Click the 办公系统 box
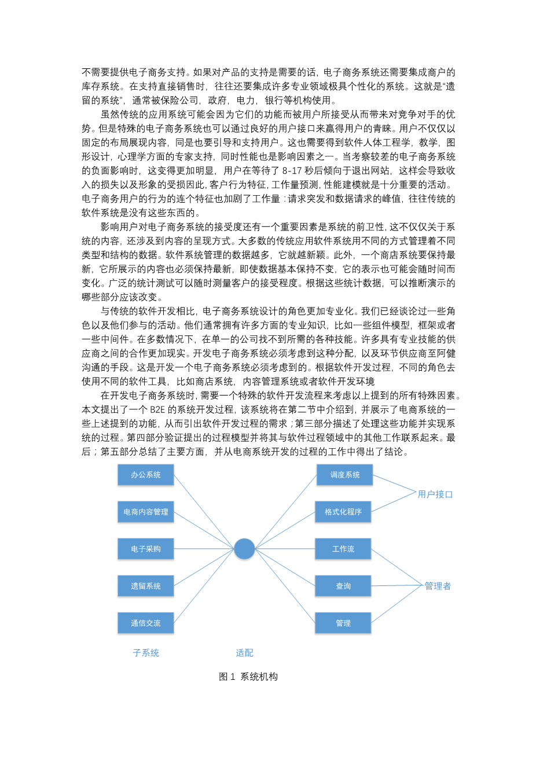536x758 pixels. tap(145, 475)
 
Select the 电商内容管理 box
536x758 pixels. tap(145, 512)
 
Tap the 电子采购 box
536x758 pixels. tap(145, 549)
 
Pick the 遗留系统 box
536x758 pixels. tap(145, 586)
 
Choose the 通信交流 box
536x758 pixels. tap(145, 623)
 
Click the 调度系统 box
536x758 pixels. tap(344, 475)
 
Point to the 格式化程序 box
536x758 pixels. tap(343, 512)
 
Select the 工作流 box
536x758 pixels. tap(343, 549)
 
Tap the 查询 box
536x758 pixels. tap(343, 586)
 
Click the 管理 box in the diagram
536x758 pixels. tap(343, 623)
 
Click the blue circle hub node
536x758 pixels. tap(244, 548)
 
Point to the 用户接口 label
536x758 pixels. tap(435, 495)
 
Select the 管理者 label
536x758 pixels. tap(438, 586)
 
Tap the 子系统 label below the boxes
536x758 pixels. tap(146, 653)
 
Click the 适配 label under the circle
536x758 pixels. tap(244, 653)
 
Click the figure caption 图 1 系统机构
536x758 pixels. tap(248, 676)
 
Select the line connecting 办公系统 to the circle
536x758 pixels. tap(204, 511)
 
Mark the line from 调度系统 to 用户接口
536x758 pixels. tap(395, 484)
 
